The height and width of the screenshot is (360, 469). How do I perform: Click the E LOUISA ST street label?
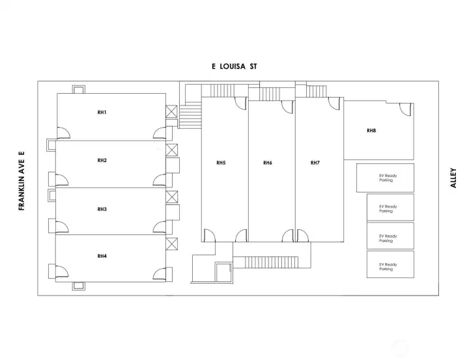[x=234, y=66]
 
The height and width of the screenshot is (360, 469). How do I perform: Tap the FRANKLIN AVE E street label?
[x=21, y=181]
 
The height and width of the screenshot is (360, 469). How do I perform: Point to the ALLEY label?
[x=453, y=178]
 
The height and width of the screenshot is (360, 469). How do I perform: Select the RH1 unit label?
[x=102, y=113]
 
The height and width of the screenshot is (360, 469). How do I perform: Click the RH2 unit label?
[x=102, y=160]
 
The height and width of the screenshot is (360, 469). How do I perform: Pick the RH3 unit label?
[x=102, y=209]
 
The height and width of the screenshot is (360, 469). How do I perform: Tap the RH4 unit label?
[x=102, y=256]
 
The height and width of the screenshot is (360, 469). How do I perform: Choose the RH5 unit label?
[x=221, y=163]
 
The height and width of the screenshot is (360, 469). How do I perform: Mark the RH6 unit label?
[x=268, y=163]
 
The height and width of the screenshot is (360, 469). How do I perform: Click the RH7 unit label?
[x=315, y=163]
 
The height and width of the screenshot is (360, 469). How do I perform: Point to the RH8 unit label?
[x=371, y=130]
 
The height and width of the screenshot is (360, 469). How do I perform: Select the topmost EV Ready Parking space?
[x=385, y=178]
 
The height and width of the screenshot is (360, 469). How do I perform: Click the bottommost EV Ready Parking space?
[x=391, y=264]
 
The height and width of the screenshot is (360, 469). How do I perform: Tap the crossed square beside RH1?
[x=172, y=111]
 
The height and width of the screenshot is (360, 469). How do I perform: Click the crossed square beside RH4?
[x=172, y=243]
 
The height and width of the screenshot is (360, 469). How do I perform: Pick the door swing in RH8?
[x=406, y=109]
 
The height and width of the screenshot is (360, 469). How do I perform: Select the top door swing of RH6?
[x=287, y=107]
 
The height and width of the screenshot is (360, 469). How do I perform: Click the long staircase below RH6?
[x=272, y=262]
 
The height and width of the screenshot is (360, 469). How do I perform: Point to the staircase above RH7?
[x=316, y=92]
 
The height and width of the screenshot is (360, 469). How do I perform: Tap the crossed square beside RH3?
[x=172, y=197]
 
